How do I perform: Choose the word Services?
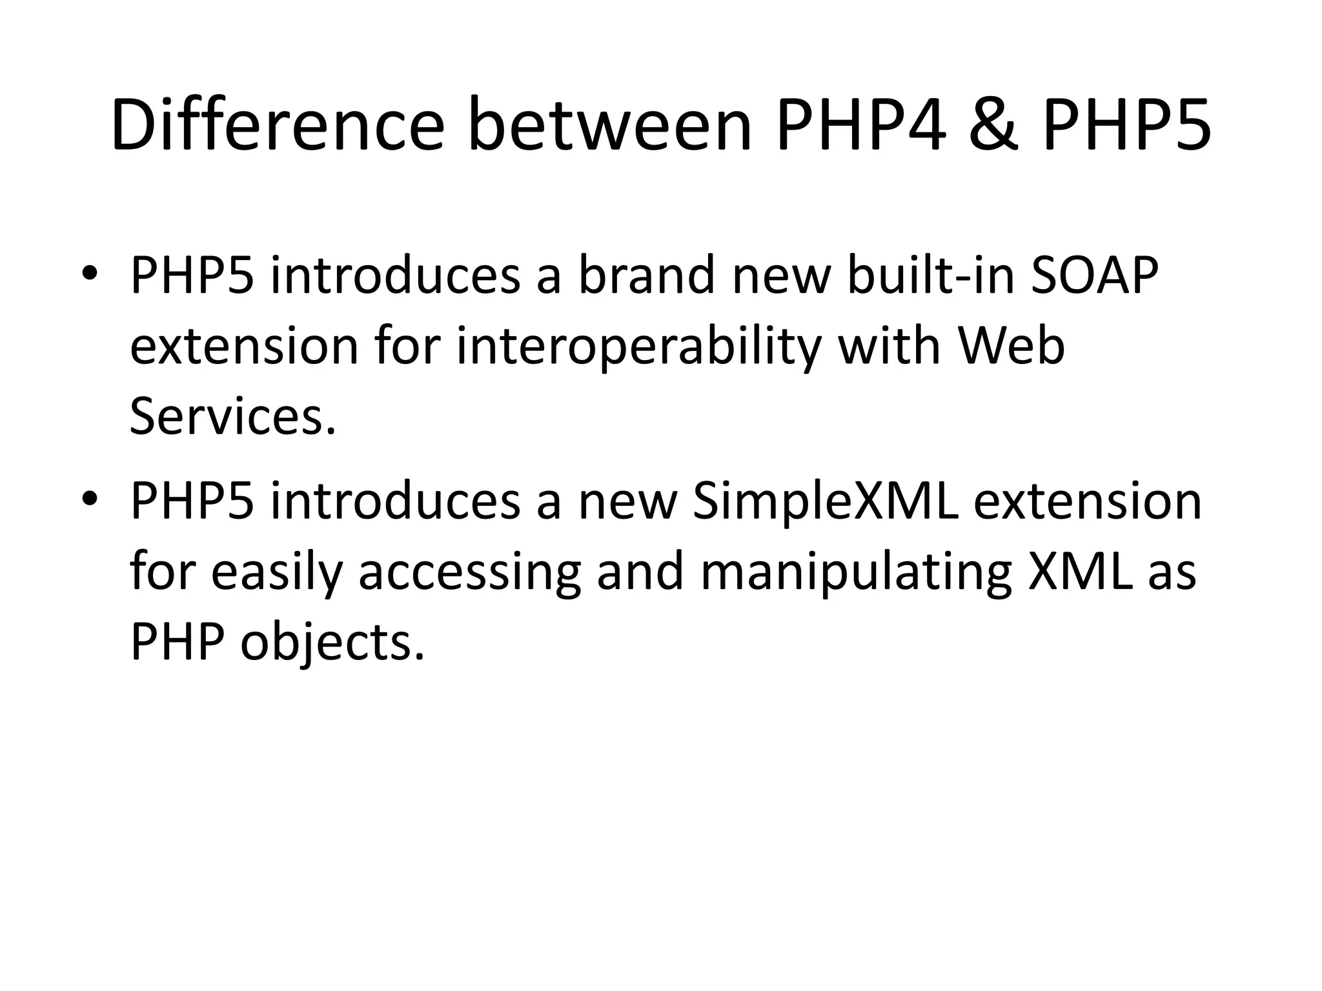pyautogui.click(x=233, y=417)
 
